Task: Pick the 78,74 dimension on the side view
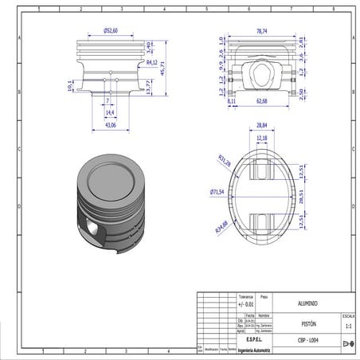click(261, 30)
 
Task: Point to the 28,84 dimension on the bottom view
click(262, 126)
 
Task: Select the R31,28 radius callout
click(224, 162)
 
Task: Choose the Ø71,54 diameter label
click(217, 192)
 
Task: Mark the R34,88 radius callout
click(221, 229)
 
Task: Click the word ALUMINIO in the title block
click(307, 304)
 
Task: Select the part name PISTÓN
click(308, 325)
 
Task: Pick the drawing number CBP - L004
click(307, 342)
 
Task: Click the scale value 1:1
click(347, 326)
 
